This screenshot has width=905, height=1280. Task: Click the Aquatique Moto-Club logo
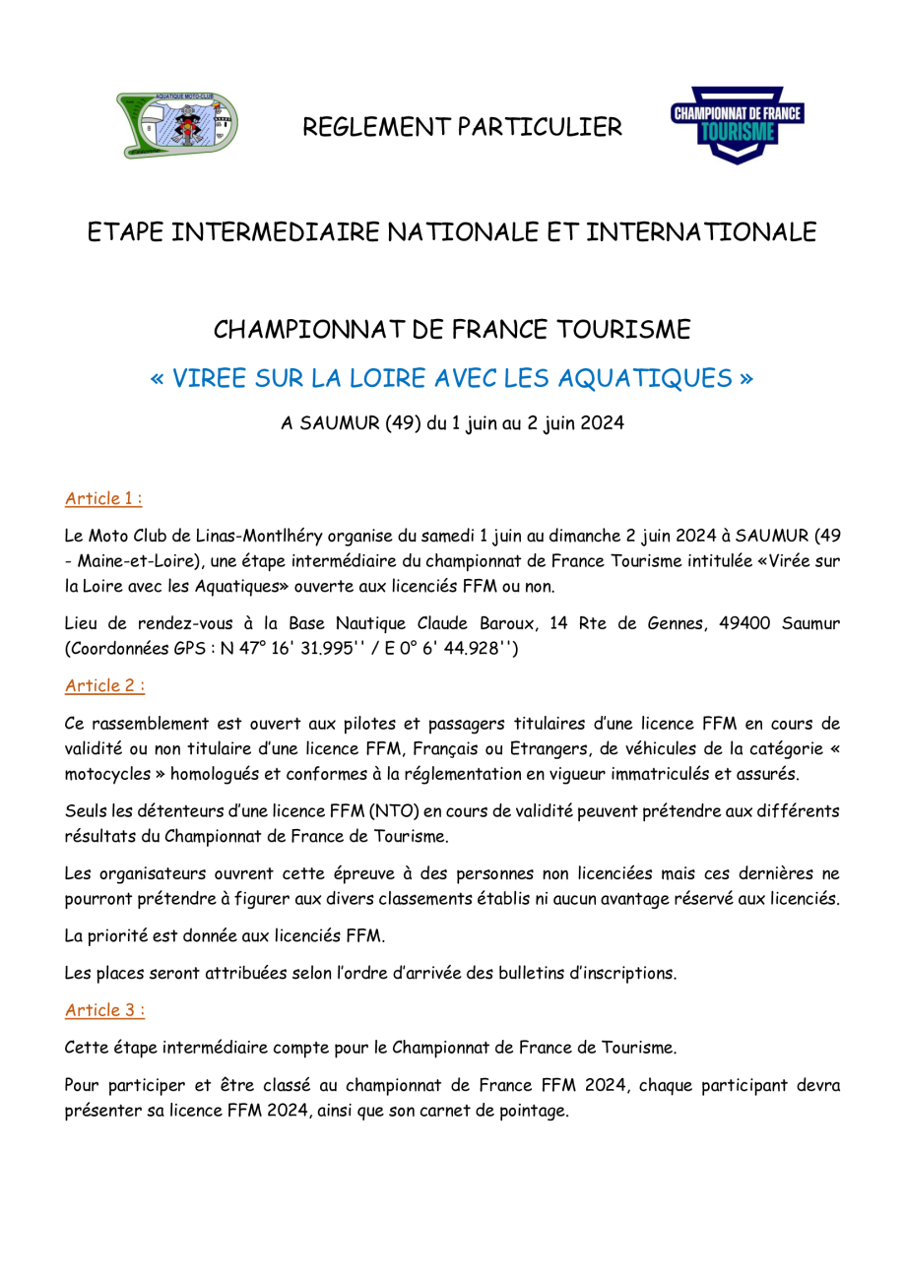(177, 125)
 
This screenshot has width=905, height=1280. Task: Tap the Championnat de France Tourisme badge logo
(737, 125)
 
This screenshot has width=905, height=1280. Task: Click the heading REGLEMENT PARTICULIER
(462, 127)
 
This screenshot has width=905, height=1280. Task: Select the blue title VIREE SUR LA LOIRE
(451, 378)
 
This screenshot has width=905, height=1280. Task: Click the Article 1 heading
(103, 498)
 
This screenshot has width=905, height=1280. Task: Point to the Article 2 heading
(104, 685)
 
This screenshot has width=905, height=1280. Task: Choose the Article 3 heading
(104, 1009)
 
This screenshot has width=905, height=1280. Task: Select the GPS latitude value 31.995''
(330, 648)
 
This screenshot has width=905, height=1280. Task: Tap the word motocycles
(107, 774)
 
